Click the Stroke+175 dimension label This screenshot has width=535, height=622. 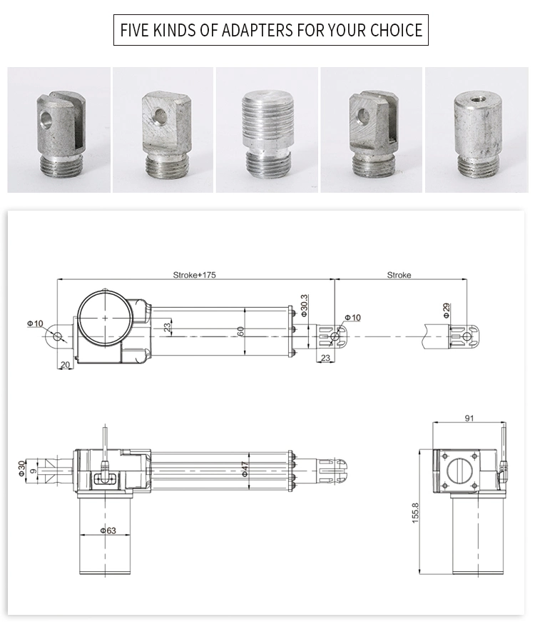[x=194, y=275]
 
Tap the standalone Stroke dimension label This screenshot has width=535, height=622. [x=399, y=275]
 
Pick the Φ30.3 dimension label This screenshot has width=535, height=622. [x=304, y=305]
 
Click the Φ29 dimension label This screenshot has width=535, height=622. [x=447, y=310]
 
